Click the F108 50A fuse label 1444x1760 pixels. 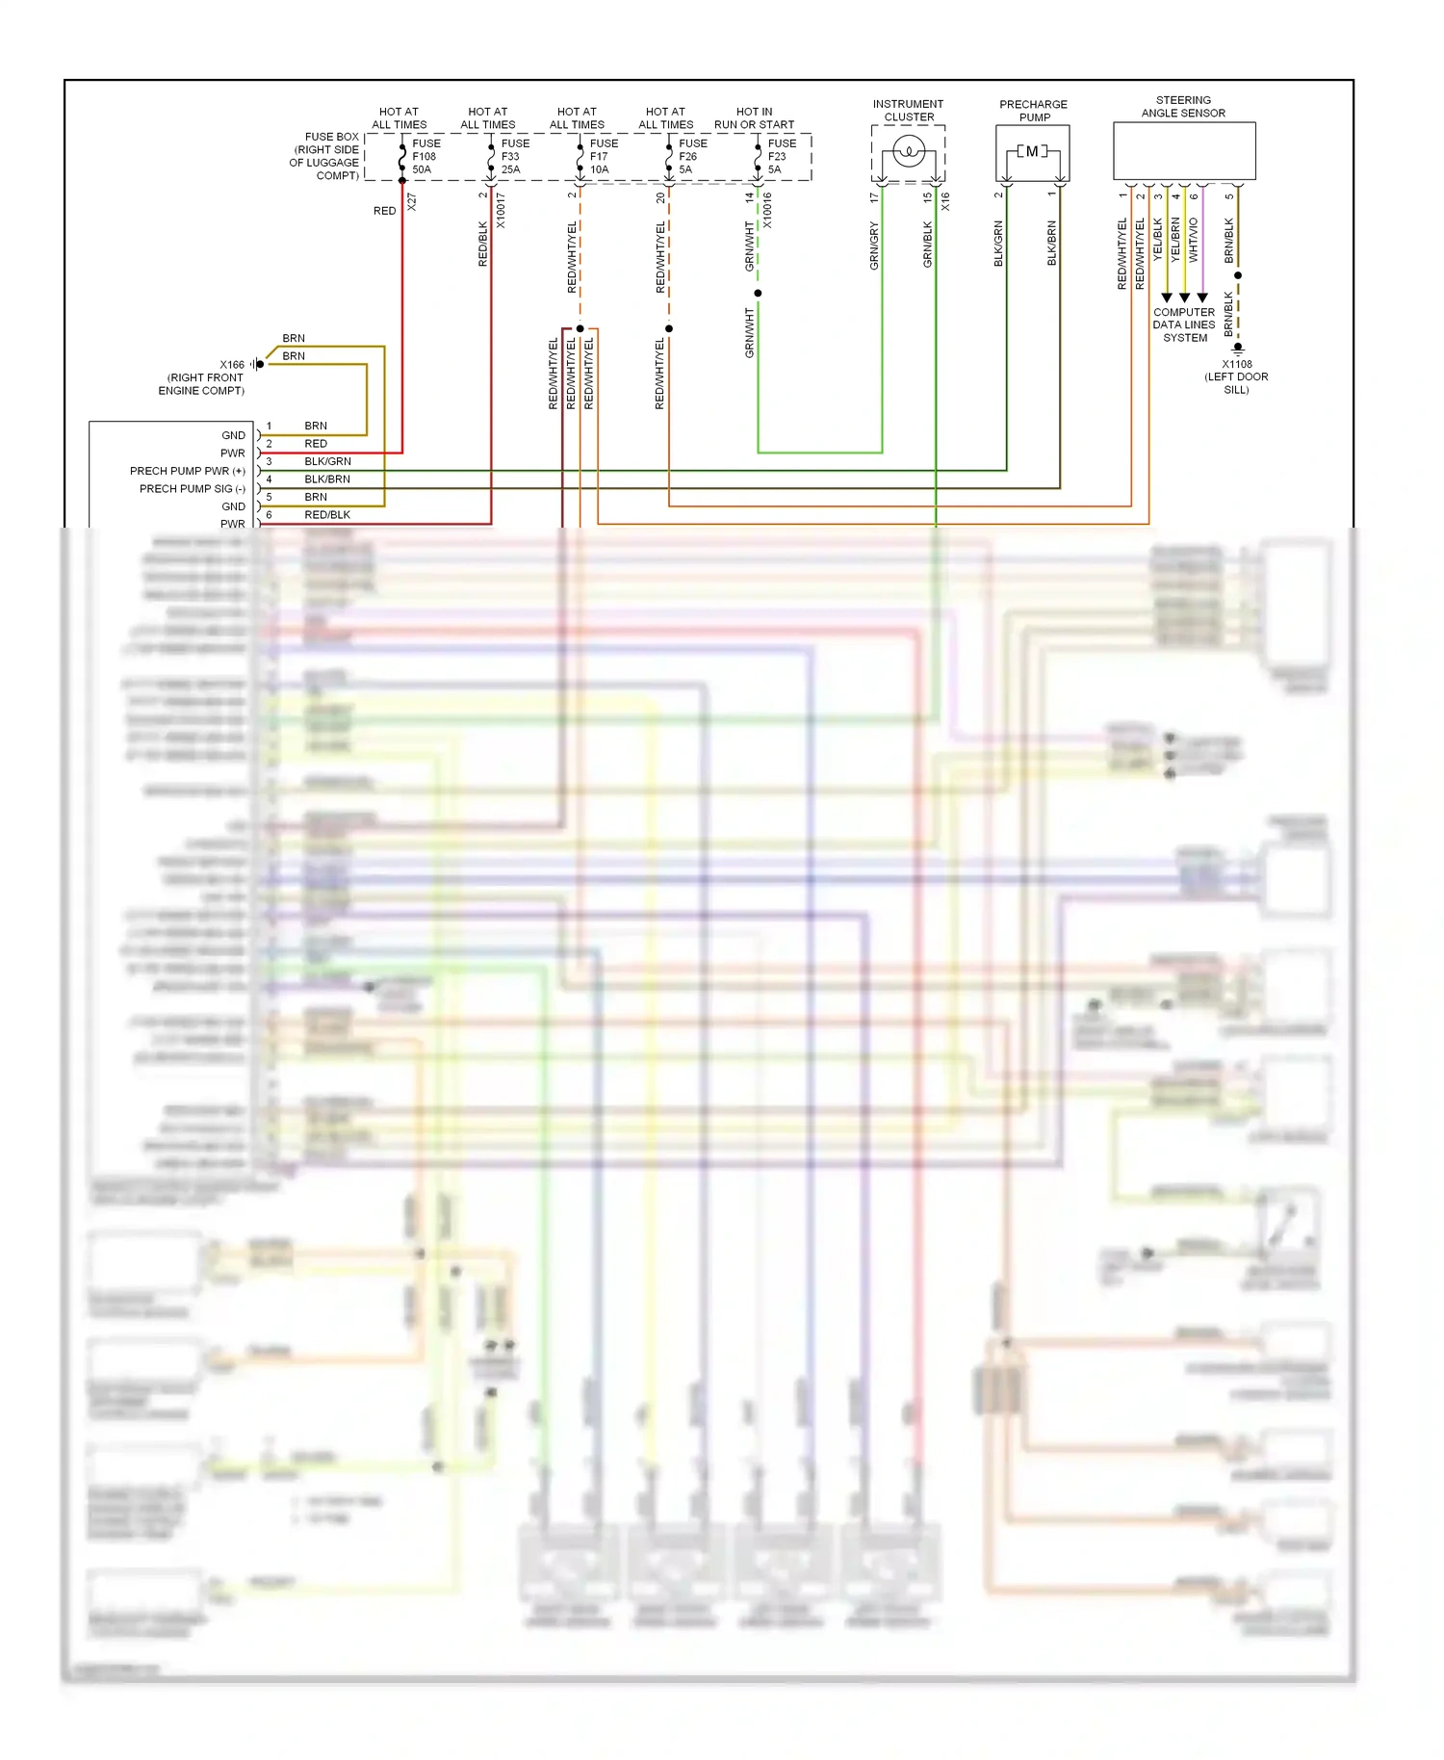click(425, 156)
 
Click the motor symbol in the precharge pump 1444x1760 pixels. click(1032, 151)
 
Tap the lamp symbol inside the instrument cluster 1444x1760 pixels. click(909, 151)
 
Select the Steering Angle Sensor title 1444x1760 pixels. click(1183, 107)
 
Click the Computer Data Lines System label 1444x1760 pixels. click(1184, 325)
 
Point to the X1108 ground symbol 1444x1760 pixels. click(1238, 349)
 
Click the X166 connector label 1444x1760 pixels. click(232, 365)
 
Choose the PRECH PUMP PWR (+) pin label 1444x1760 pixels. click(188, 471)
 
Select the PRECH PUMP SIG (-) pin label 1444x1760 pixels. click(193, 489)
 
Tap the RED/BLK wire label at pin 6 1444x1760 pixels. click(327, 515)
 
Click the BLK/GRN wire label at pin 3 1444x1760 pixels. click(327, 461)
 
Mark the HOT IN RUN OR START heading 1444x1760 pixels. click(754, 118)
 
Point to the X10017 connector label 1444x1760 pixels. click(501, 210)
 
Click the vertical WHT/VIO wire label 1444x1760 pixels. click(1194, 241)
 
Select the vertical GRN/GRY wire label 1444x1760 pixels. click(874, 246)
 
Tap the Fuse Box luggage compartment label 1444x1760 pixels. click(325, 156)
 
